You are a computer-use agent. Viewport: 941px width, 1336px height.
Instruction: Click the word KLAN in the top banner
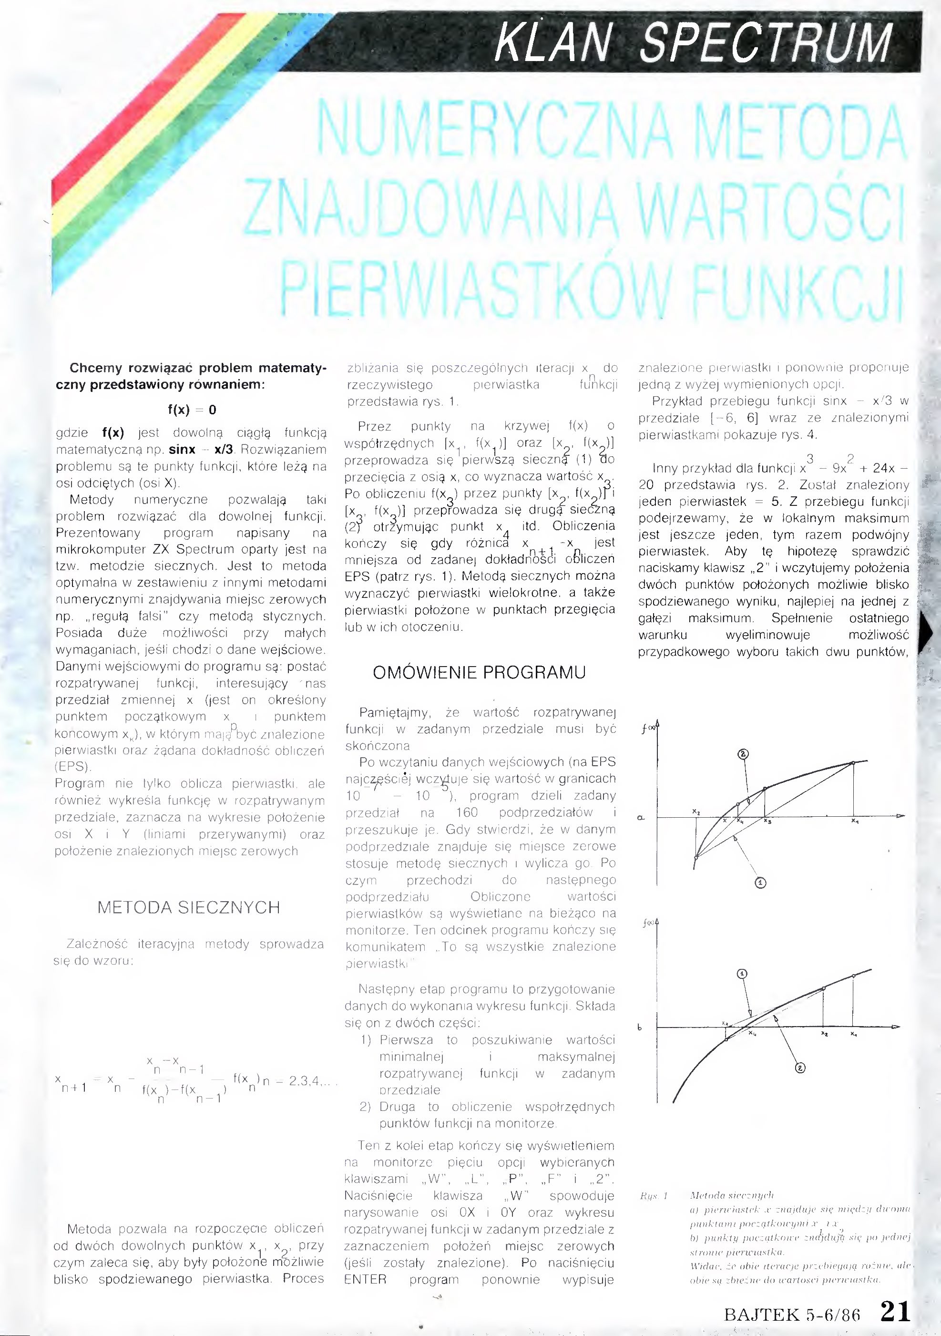[x=552, y=42]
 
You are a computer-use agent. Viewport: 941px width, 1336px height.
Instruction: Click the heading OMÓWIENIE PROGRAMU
[x=479, y=673]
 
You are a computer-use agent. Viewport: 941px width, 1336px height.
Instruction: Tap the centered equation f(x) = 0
[x=192, y=410]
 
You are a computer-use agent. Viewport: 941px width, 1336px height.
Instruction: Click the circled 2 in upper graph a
[x=743, y=754]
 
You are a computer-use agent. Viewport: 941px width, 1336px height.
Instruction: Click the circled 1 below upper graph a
[x=761, y=883]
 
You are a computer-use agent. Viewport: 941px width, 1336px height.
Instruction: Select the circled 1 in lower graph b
[x=742, y=974]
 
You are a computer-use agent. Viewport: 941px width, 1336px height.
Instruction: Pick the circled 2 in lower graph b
[x=800, y=1067]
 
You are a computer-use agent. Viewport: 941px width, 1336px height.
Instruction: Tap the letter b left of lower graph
[x=640, y=1028]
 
